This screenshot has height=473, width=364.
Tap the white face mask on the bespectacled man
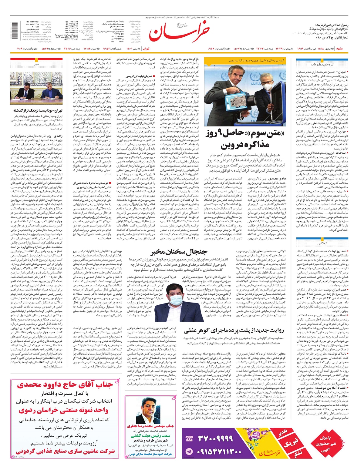pyautogui.click(x=267, y=87)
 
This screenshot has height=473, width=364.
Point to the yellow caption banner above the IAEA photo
pyautogui.click(x=246, y=61)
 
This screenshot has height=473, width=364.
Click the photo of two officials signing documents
pyautogui.click(x=36, y=88)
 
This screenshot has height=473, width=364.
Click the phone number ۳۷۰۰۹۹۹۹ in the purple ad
pyautogui.click(x=216, y=438)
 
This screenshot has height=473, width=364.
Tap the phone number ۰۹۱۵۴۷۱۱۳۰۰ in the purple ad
pyautogui.click(x=216, y=451)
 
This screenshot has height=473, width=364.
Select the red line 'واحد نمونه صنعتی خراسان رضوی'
pyautogui.click(x=63, y=410)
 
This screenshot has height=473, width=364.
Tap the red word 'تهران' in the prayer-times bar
pyautogui.click(x=146, y=49)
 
